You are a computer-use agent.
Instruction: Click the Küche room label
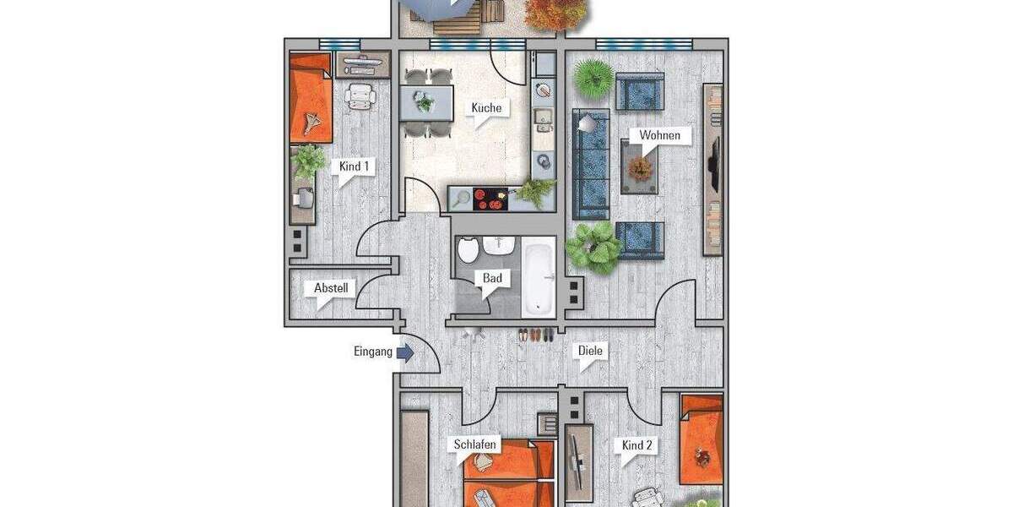[x=486, y=108]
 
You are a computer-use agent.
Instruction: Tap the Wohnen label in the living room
[x=659, y=135]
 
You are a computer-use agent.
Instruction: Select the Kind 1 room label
[x=354, y=166]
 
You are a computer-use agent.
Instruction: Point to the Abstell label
[x=331, y=288]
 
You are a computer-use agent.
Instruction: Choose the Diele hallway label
[x=591, y=351]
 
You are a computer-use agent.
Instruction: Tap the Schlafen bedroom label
[x=474, y=444]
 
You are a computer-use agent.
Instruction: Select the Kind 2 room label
[x=638, y=445]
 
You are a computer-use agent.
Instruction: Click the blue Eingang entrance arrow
[x=405, y=352]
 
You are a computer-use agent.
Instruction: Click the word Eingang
[x=372, y=352]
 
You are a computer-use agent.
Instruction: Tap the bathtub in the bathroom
[x=537, y=275]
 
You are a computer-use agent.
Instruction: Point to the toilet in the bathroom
[x=469, y=250]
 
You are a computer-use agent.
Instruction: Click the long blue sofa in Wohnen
[x=591, y=165]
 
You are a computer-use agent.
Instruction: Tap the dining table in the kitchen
[x=425, y=103]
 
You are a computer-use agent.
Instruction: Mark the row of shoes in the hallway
[x=536, y=335]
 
